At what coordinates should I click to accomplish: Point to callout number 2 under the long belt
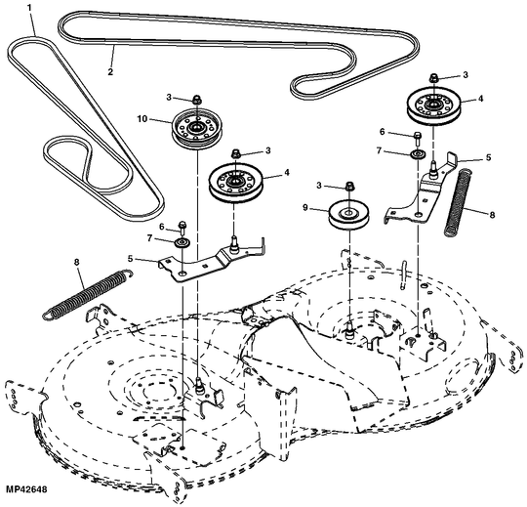(110, 71)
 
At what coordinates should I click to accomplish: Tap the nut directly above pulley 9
(348, 187)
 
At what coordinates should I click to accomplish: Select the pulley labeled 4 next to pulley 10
(238, 183)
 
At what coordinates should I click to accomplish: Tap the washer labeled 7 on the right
(417, 153)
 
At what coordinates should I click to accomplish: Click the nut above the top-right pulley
(432, 76)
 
